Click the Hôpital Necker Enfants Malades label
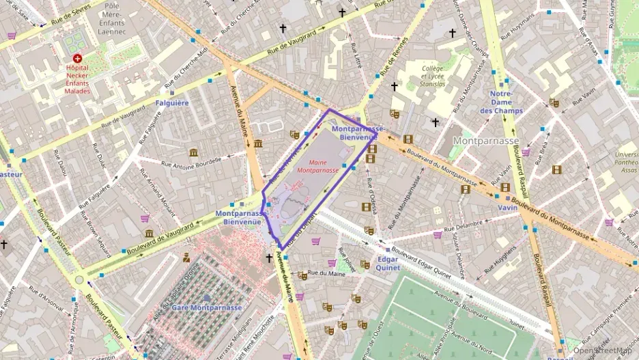[x=77, y=79]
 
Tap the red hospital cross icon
[x=77, y=59]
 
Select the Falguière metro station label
[x=172, y=103]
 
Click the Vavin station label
[x=507, y=207]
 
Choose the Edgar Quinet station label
[x=387, y=263]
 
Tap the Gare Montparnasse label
[x=207, y=308]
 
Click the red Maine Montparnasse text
[x=324, y=165]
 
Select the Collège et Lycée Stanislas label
[x=434, y=77]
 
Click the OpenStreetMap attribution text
[x=601, y=350]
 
